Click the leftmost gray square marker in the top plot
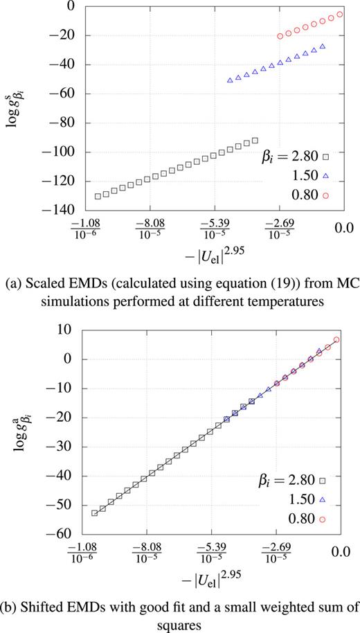(98, 197)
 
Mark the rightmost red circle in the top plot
(340, 14)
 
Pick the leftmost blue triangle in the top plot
(230, 80)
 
